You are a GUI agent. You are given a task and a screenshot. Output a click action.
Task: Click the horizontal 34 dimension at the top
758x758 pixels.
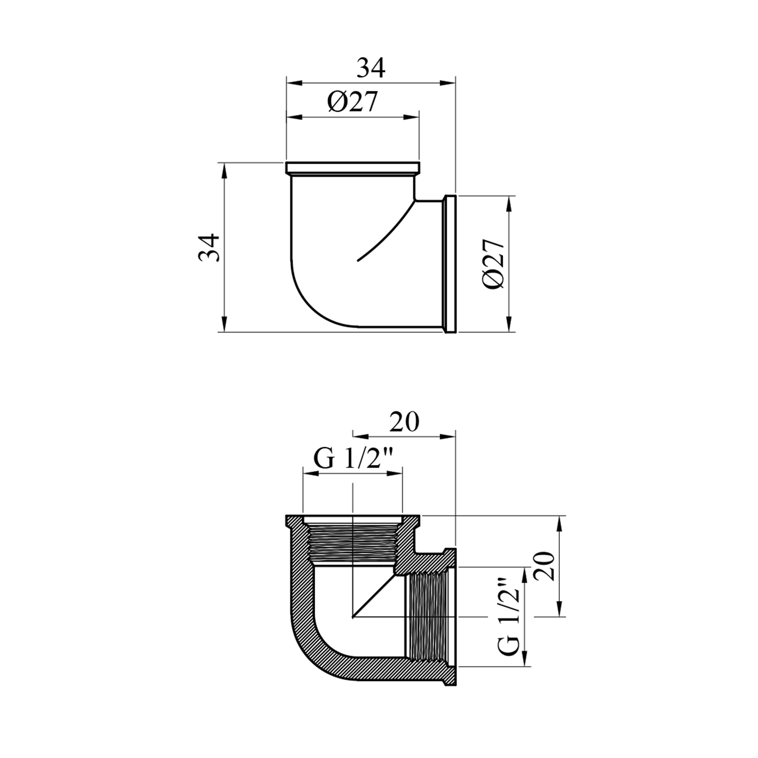tap(371, 68)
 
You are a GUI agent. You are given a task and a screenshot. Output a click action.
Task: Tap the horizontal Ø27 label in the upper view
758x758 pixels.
tap(352, 103)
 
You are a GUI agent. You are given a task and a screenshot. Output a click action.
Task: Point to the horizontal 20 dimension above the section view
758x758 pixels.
tap(404, 422)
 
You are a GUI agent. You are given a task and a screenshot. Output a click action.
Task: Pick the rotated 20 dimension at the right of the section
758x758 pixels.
tap(545, 565)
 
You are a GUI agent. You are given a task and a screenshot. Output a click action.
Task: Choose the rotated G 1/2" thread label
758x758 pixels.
tap(511, 615)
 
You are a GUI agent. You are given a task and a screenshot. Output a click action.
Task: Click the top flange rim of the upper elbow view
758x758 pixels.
tap(353, 168)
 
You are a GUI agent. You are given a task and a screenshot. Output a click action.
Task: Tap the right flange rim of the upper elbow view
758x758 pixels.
tap(450, 264)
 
